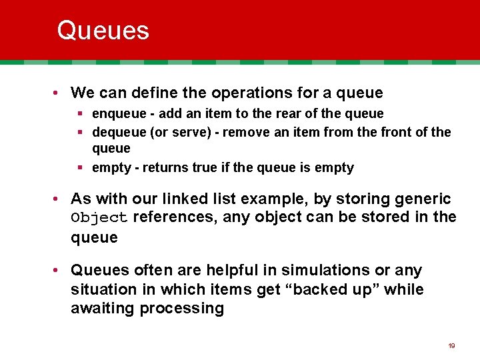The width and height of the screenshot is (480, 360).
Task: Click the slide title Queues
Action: tap(103, 31)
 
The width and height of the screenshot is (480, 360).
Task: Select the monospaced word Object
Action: tap(99, 218)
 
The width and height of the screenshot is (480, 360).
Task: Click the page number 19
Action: tap(451, 346)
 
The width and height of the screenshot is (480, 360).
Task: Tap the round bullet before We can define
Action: tap(60, 93)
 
